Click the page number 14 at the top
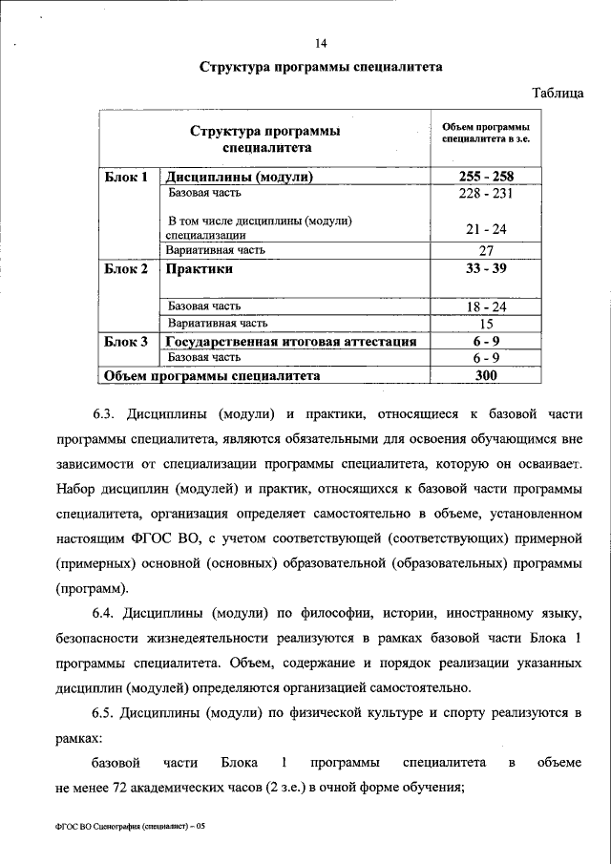tap(321, 42)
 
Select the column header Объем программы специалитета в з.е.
tap(485, 133)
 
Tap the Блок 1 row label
tap(126, 177)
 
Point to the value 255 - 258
tap(485, 177)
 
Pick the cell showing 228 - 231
tap(485, 193)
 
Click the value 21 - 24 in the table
tap(485, 231)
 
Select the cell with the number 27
tap(485, 250)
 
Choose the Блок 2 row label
tap(126, 269)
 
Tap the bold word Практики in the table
tap(200, 269)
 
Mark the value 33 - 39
tap(485, 269)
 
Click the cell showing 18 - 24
tap(485, 306)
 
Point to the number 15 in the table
tap(485, 323)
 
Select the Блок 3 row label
tap(126, 341)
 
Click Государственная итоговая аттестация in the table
tap(290, 341)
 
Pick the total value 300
tap(485, 376)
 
